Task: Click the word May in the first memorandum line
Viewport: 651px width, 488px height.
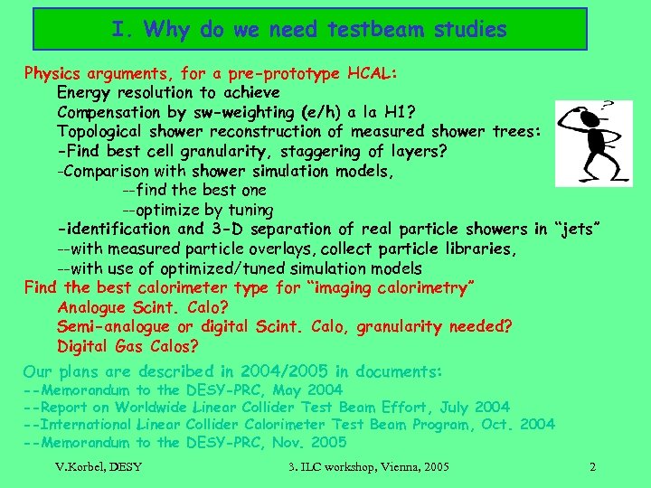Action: click(285, 390)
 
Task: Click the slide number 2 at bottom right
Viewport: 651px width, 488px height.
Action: click(591, 466)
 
